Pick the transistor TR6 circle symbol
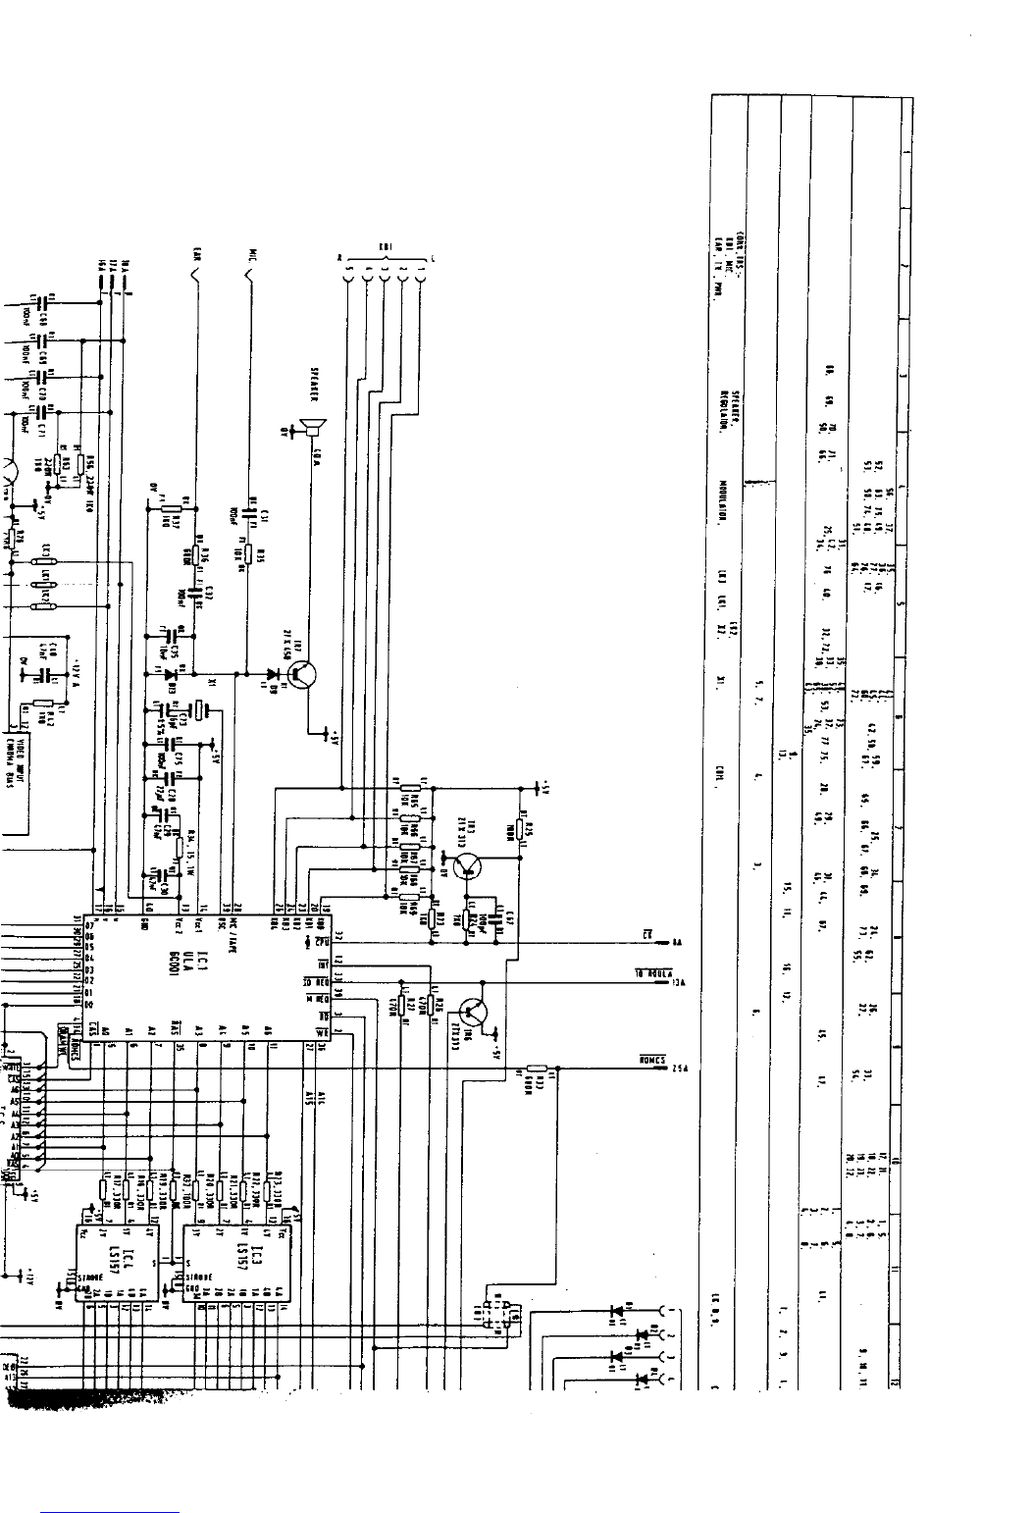474,1011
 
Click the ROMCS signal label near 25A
652,1060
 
